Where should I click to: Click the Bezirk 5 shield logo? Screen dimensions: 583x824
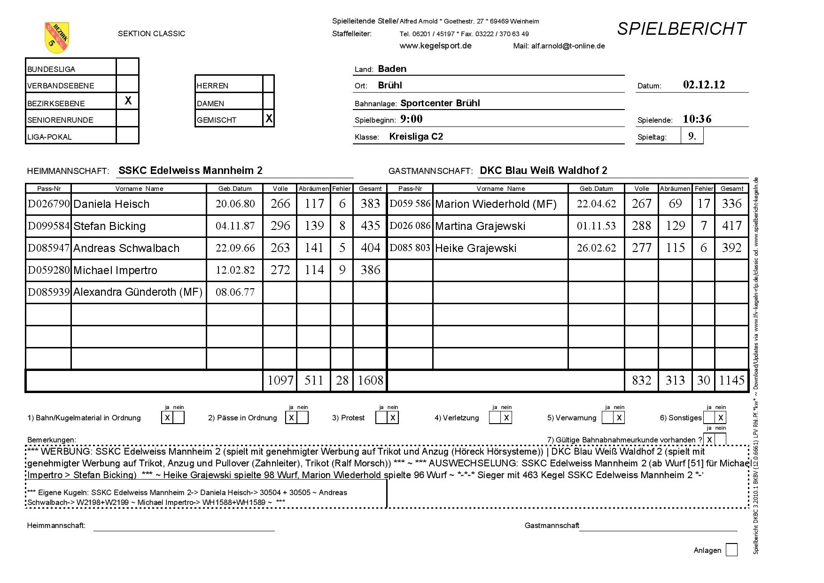[57, 38]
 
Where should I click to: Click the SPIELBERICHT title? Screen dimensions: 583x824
[681, 29]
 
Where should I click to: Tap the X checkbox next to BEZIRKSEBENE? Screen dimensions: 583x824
[128, 101]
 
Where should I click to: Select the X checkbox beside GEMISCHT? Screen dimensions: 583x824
[269, 118]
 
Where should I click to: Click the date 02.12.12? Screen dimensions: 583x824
[704, 85]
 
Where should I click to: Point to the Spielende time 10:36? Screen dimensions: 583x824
[697, 119]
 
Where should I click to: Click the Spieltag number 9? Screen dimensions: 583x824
[692, 136]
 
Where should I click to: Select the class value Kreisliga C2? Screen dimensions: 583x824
[416, 137]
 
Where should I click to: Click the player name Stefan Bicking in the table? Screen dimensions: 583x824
[109, 226]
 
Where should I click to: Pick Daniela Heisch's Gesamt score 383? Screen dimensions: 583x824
[370, 204]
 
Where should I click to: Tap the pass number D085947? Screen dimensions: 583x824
[49, 248]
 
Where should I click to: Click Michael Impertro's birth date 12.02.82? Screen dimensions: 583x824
[235, 270]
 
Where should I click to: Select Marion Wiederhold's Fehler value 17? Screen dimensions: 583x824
[703, 204]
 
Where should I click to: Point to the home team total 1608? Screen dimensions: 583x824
[370, 380]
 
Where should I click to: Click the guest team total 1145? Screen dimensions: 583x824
[731, 380]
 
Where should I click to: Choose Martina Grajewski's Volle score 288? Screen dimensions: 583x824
[641, 226]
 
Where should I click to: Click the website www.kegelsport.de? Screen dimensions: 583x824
[435, 46]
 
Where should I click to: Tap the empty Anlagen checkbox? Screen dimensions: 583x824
[731, 550]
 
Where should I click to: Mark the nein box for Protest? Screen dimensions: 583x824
[393, 418]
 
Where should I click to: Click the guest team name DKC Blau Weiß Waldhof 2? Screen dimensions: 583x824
[544, 171]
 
